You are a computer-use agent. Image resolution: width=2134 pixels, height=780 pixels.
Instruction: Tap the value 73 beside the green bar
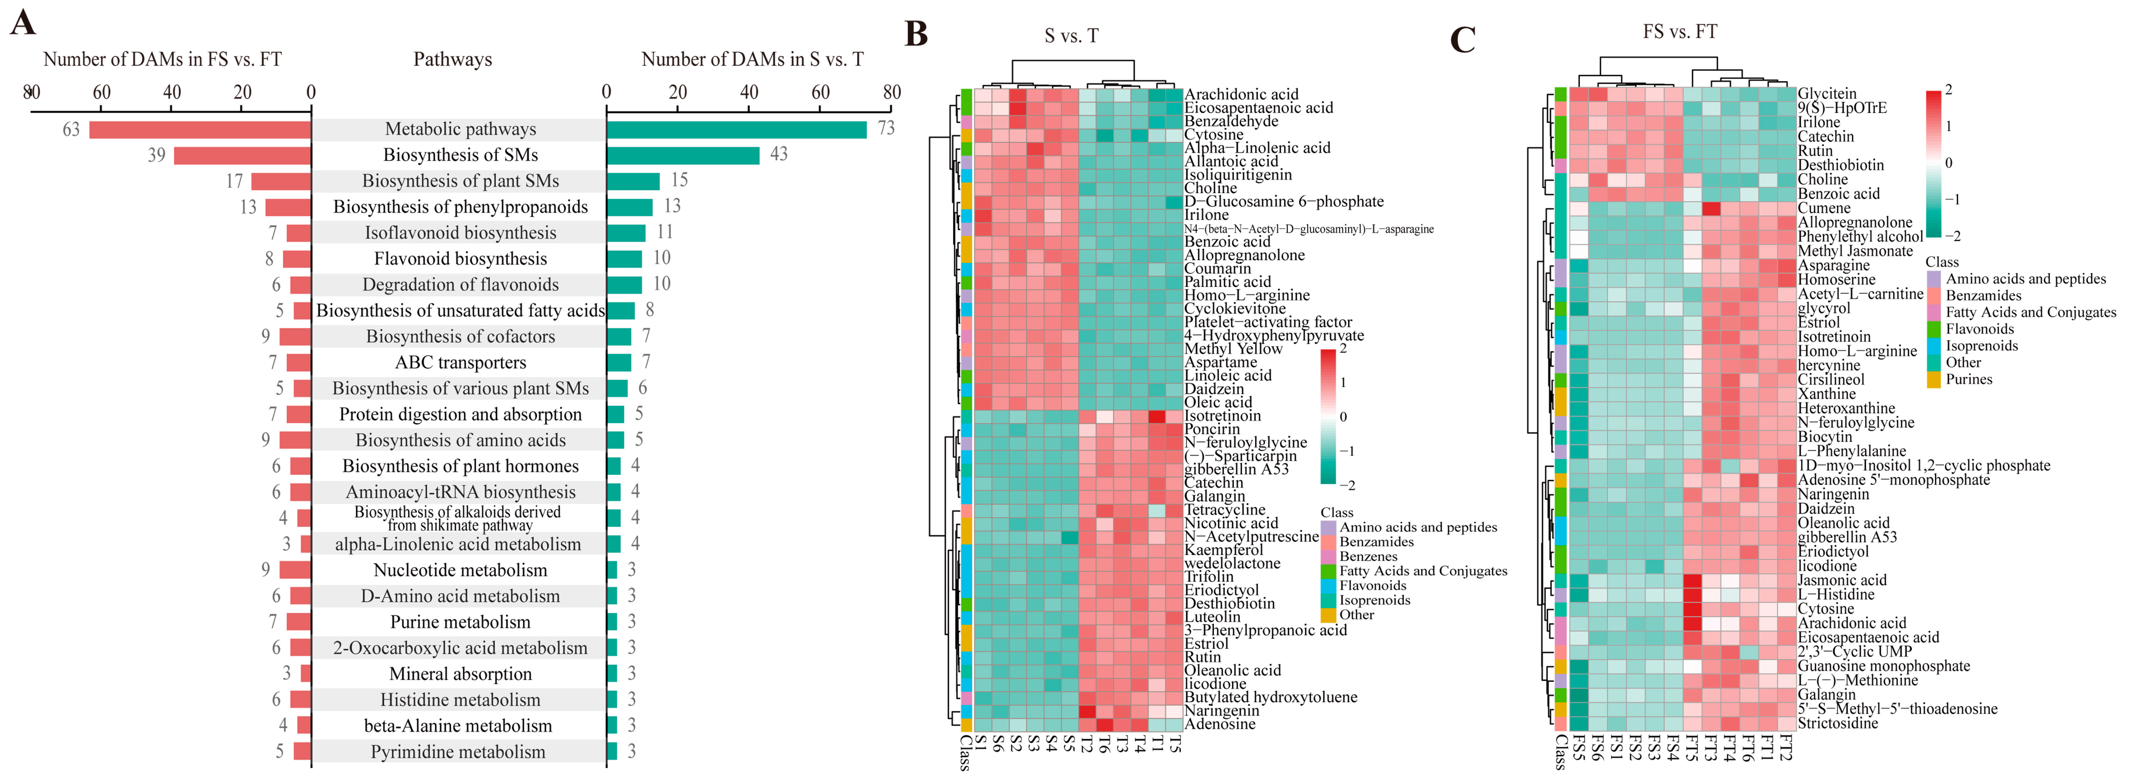886,128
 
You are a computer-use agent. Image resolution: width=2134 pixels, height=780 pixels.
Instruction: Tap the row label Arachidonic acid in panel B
1241,94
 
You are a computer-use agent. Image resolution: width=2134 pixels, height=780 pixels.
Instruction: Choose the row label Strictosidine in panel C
1837,723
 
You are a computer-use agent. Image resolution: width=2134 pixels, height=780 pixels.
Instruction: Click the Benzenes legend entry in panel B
1368,556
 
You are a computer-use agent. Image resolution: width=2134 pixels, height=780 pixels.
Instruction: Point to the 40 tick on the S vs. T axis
749,92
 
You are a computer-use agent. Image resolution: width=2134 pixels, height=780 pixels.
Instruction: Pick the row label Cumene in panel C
1823,208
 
